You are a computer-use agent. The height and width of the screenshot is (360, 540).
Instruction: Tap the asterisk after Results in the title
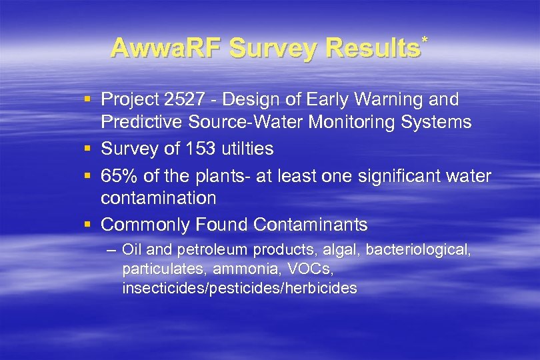[424, 41]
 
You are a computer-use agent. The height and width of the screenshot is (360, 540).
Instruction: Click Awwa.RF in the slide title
[166, 48]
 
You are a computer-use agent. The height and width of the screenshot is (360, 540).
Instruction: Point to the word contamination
[159, 198]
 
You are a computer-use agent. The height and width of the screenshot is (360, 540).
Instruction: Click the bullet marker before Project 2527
[88, 100]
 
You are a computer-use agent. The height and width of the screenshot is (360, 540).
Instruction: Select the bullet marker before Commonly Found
[88, 224]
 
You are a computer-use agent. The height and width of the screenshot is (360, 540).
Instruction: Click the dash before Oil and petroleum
[111, 251]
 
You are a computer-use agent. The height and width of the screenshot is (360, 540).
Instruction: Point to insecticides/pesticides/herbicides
[240, 289]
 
